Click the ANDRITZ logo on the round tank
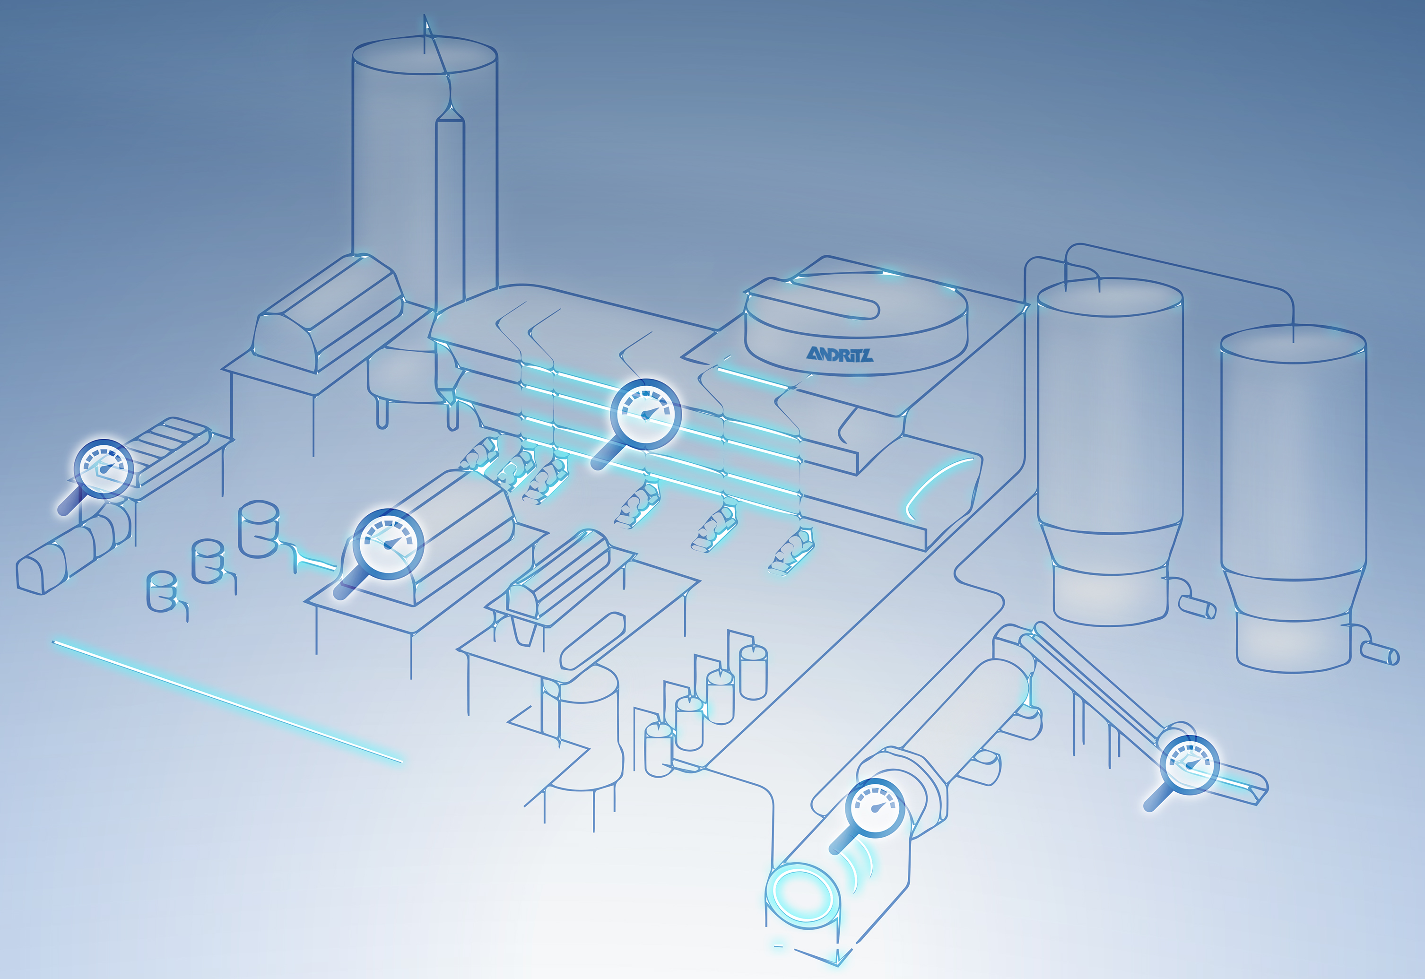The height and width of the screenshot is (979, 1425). click(x=839, y=354)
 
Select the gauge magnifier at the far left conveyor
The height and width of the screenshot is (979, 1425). click(x=103, y=468)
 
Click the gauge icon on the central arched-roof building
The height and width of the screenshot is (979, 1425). click(x=388, y=544)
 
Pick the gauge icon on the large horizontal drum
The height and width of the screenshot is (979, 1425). click(x=875, y=807)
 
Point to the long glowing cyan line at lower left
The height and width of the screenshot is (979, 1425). click(x=227, y=702)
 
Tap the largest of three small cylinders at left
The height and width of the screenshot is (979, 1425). click(x=258, y=528)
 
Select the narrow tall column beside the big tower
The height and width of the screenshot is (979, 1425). click(x=450, y=245)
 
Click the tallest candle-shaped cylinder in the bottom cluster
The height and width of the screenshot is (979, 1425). click(x=753, y=672)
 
